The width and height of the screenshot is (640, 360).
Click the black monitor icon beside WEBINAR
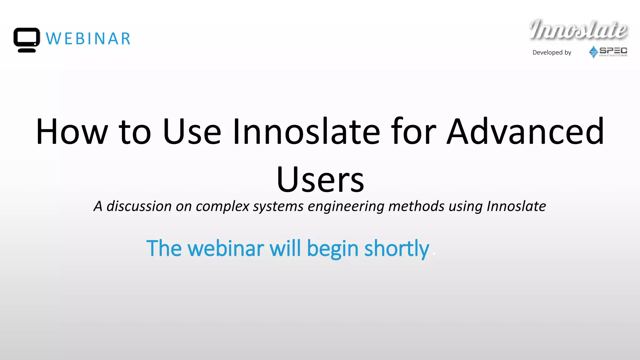(27, 40)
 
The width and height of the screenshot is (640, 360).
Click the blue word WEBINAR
(88, 39)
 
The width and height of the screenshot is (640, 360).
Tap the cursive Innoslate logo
(578, 30)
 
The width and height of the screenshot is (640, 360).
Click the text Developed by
(552, 52)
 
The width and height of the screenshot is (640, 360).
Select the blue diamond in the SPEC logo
(593, 52)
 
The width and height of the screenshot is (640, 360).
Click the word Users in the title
(320, 180)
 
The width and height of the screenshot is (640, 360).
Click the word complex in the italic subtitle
(222, 206)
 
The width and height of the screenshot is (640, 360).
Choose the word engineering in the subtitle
(346, 206)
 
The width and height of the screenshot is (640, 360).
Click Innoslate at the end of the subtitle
(516, 206)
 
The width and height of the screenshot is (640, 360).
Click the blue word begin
(332, 249)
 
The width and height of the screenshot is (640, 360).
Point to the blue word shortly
(397, 249)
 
